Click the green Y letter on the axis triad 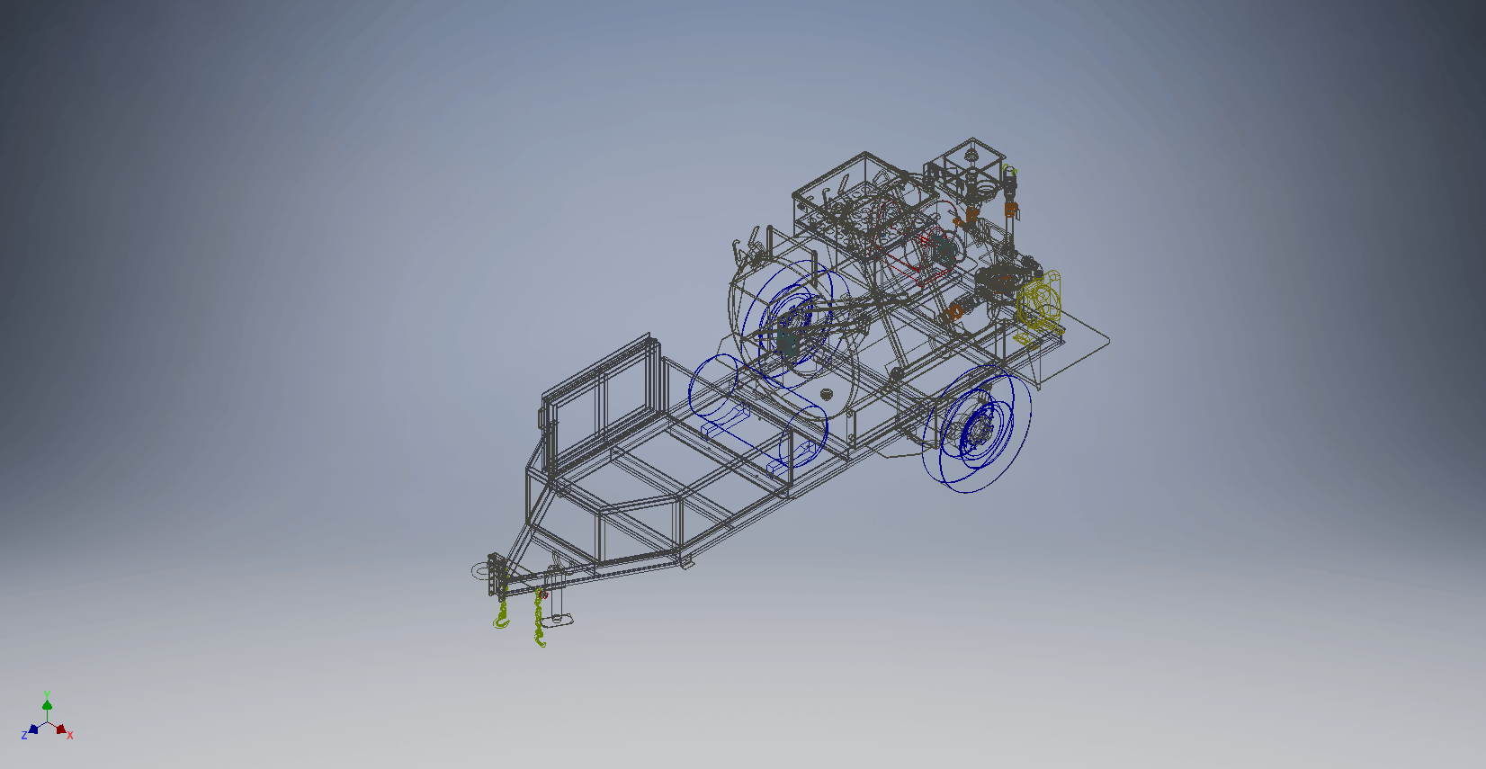47,694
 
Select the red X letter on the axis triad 69,735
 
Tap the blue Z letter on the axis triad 24,735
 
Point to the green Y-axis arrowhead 47,704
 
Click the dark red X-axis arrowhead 61,729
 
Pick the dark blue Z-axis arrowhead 33,729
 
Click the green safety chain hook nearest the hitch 502,621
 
